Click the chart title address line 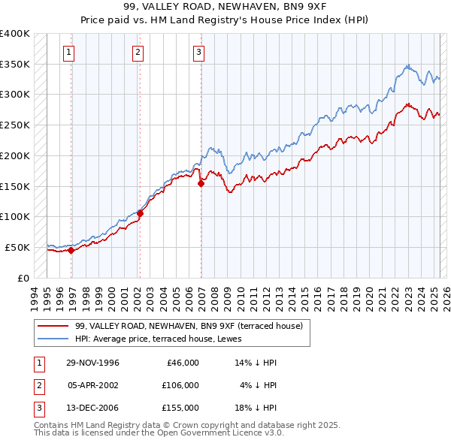(225, 7)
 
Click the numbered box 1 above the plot (68, 52)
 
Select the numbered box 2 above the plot (138, 52)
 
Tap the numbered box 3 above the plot (198, 52)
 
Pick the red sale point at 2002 (140, 213)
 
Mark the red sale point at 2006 (201, 183)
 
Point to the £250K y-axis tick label (15, 125)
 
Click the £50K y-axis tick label (17, 247)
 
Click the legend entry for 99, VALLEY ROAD (189, 326)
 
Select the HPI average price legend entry (165, 339)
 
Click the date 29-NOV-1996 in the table (93, 363)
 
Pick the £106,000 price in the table (180, 385)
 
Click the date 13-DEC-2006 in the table (93, 408)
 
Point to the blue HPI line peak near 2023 (407, 65)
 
